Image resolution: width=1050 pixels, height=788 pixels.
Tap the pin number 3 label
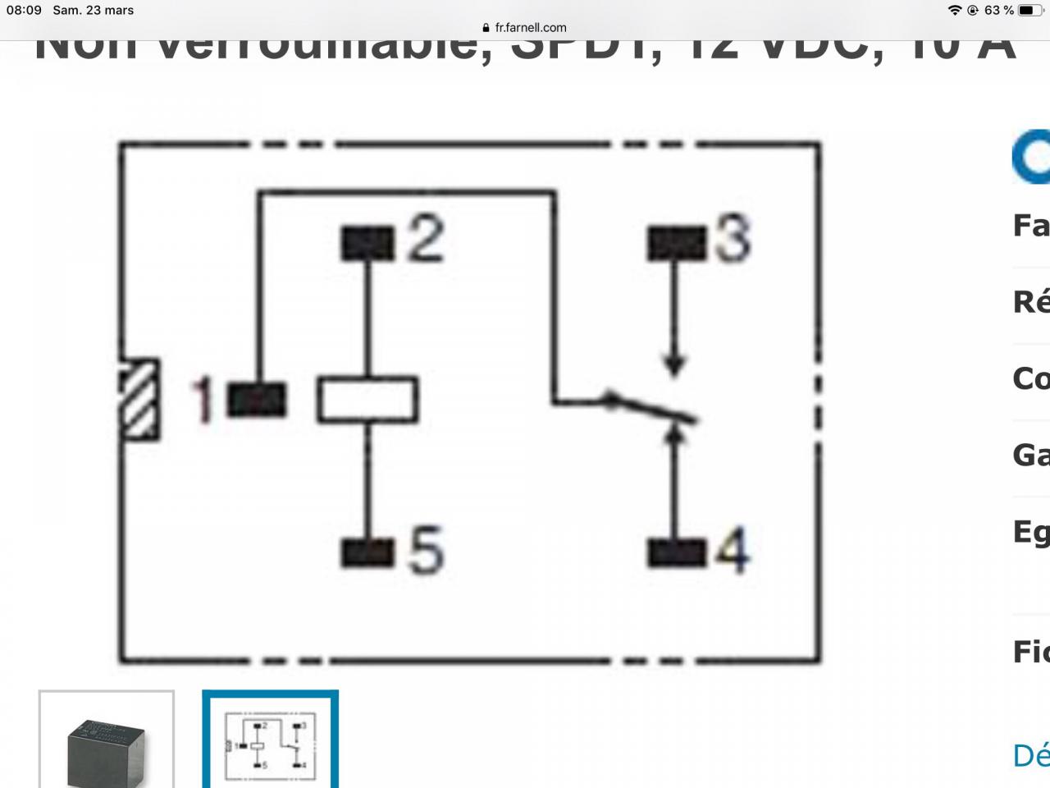[x=733, y=239]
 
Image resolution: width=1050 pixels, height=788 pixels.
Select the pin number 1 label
[x=203, y=401]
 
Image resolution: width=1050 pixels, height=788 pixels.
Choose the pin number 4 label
[x=733, y=551]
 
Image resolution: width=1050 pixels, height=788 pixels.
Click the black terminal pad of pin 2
[x=367, y=243]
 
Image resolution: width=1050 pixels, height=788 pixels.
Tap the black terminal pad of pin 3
[x=676, y=243]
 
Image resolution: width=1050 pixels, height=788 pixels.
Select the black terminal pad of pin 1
[x=257, y=400]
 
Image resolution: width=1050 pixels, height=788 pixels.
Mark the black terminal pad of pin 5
[x=367, y=552]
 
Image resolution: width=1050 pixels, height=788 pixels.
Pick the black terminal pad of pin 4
[x=676, y=552]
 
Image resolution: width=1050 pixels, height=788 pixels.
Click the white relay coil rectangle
[x=367, y=400]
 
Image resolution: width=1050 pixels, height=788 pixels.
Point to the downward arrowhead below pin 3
[x=674, y=365]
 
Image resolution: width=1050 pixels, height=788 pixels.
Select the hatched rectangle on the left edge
[x=140, y=399]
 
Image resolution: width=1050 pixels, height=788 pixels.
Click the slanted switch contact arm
[x=652, y=410]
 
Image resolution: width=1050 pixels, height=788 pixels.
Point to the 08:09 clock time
[x=24, y=11]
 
